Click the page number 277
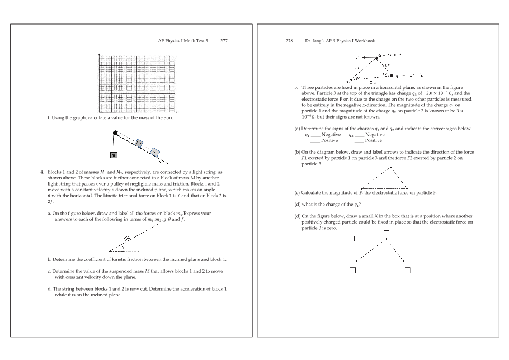click(224, 41)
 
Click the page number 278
click(289, 41)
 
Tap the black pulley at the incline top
click(115, 133)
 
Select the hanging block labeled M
click(113, 154)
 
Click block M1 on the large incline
click(155, 151)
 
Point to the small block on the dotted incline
click(128, 238)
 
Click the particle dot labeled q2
click(392, 75)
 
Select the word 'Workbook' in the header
click(364, 41)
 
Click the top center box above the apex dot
click(387, 233)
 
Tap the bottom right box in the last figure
click(408, 271)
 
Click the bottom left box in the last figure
click(353, 271)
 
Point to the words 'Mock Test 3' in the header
click(196, 41)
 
